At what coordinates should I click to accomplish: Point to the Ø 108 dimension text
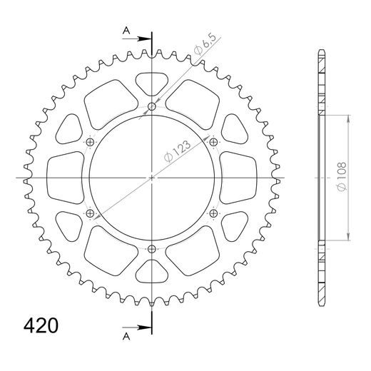pyautogui.click(x=342, y=178)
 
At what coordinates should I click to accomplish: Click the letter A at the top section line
pyautogui.click(x=126, y=31)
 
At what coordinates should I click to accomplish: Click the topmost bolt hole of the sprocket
pyautogui.click(x=152, y=108)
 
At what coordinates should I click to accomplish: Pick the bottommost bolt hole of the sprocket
pyautogui.click(x=152, y=248)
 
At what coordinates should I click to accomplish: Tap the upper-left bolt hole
pyautogui.click(x=91, y=143)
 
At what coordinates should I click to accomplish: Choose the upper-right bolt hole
pyautogui.click(x=213, y=143)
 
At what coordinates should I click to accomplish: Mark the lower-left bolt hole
pyautogui.click(x=91, y=213)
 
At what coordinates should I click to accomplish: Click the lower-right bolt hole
pyautogui.click(x=213, y=213)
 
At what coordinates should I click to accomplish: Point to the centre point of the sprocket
pyautogui.click(x=152, y=178)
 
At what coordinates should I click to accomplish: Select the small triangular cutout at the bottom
pyautogui.click(x=152, y=271)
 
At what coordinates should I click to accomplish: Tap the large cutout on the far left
pyautogui.click(x=64, y=178)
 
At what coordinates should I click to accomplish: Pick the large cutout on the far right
pyautogui.click(x=240, y=178)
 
